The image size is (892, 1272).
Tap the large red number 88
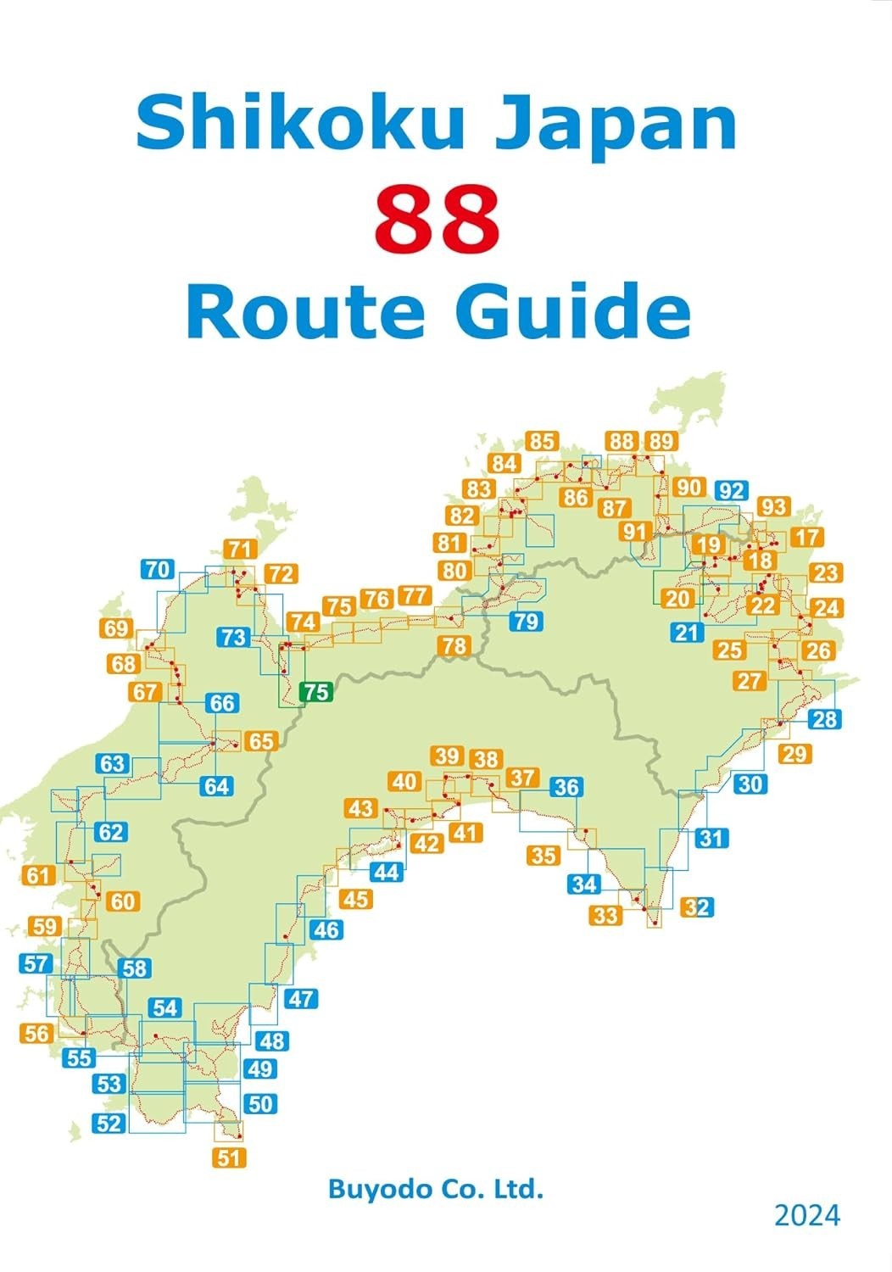[x=438, y=218]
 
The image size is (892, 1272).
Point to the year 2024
[x=806, y=1215]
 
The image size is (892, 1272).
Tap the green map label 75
[x=315, y=692]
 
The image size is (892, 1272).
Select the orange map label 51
[x=229, y=1157]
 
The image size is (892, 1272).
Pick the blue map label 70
[x=158, y=569]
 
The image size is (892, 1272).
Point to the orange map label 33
[x=606, y=914]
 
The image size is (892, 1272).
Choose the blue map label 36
[x=566, y=787]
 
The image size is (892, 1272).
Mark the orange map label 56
[x=37, y=1033]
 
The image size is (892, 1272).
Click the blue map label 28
[x=823, y=719]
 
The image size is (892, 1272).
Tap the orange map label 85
[x=542, y=441]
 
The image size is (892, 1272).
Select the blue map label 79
[x=526, y=621]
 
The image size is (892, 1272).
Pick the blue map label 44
[x=387, y=871]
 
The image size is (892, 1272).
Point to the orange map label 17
[x=807, y=537]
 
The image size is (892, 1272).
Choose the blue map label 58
[x=135, y=968]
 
